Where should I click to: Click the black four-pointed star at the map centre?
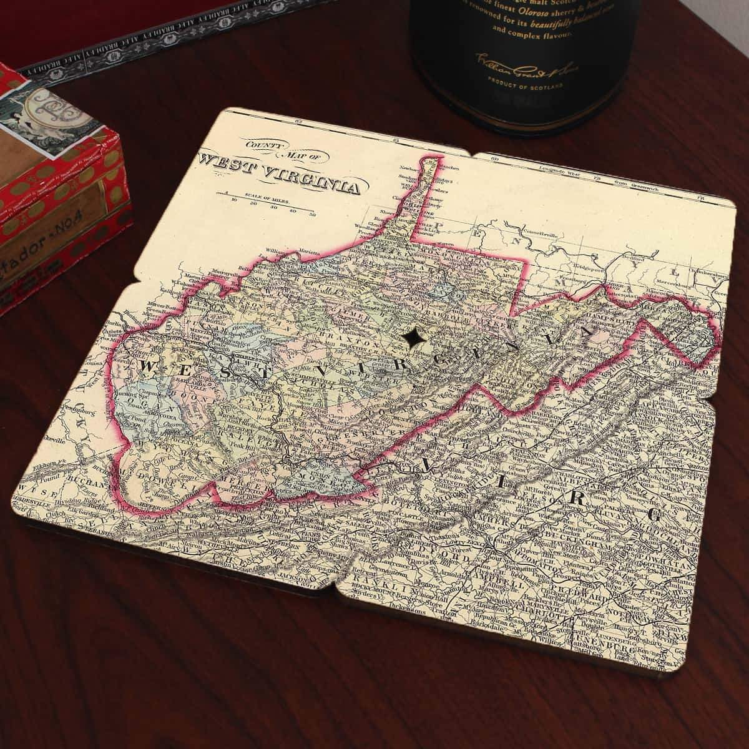pos(413,337)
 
